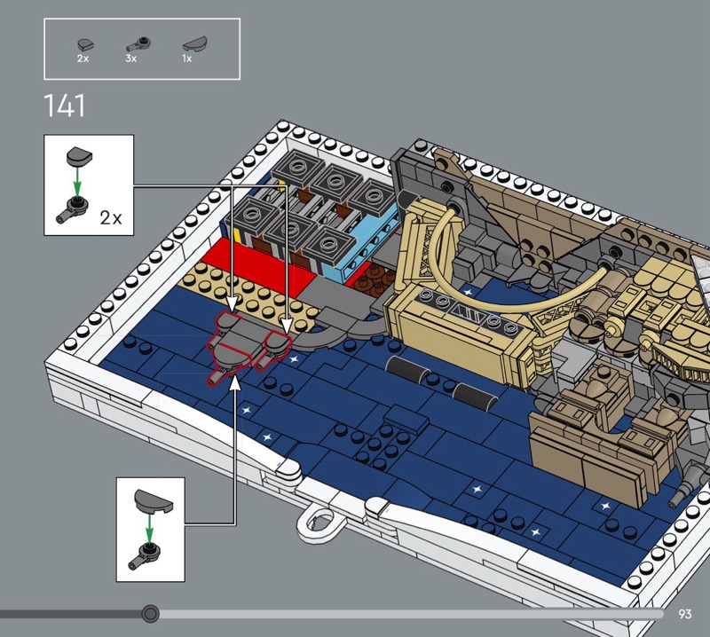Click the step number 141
click(x=64, y=106)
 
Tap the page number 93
click(x=685, y=614)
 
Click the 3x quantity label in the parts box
click(x=130, y=59)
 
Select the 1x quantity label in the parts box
click(x=187, y=59)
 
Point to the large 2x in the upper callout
click(x=111, y=218)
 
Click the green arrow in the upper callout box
click(x=77, y=181)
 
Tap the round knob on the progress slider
click(x=150, y=614)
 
